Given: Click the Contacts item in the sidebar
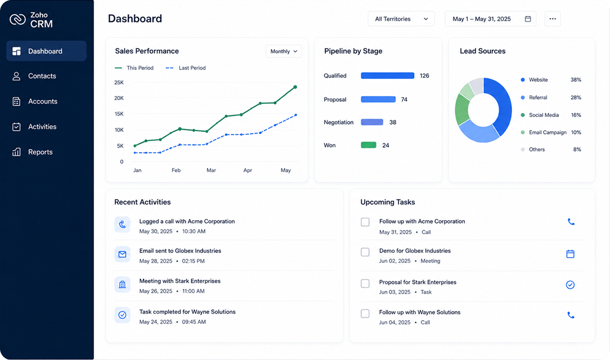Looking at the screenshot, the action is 34,76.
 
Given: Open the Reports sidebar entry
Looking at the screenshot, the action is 32,152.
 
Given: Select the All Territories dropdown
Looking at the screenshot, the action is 401,19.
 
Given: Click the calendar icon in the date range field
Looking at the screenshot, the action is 528,19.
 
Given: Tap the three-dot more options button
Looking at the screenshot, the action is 552,19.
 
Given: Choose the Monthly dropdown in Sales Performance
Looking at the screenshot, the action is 284,51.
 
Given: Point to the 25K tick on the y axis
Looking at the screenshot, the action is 119,82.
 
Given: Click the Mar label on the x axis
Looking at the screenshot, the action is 211,170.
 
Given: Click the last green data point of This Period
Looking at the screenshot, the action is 295,87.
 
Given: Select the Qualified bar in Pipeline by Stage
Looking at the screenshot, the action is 387,76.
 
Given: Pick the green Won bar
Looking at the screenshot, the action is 368,145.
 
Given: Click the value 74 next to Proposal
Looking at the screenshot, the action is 404,100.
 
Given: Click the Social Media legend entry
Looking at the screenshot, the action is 540,115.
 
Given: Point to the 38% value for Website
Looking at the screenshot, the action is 576,80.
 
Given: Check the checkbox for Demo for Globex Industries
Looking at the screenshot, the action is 365,252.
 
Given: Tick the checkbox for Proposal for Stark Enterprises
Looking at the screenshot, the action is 365,284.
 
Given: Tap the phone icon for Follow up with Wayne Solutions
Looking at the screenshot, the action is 571,315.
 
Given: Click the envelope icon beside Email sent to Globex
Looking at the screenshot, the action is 122,254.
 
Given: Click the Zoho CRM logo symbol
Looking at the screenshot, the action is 18,19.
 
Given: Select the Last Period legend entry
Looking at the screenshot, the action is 186,68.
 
